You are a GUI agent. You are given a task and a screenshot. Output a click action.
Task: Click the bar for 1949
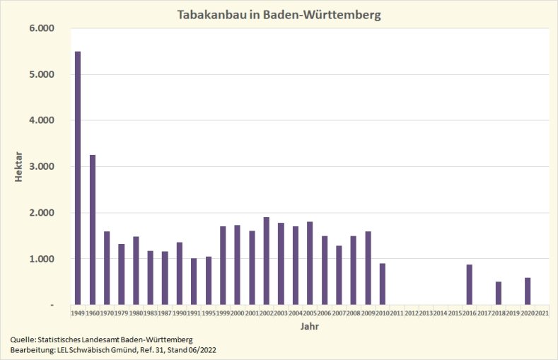pos(78,178)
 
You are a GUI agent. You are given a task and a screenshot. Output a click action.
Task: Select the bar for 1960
pos(93,230)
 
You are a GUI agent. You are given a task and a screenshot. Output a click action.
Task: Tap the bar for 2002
pos(267,261)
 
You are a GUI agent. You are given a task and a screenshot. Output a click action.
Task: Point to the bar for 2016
pos(470,285)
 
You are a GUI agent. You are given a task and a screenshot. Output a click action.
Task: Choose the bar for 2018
pos(499,294)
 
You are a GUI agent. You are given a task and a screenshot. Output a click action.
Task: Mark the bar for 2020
pos(528,291)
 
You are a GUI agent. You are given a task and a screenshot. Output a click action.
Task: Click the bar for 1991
pos(194,281)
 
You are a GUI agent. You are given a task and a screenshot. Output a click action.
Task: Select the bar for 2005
pos(310,263)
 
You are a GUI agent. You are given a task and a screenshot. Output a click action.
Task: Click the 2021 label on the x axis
pos(542,312)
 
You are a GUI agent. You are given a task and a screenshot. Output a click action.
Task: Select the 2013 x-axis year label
pos(426,312)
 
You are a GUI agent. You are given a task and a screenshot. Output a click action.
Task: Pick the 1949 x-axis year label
pos(78,312)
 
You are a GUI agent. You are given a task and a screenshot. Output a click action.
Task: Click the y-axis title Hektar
pos(19,167)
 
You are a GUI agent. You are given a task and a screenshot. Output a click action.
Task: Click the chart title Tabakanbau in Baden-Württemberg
pos(279,14)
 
